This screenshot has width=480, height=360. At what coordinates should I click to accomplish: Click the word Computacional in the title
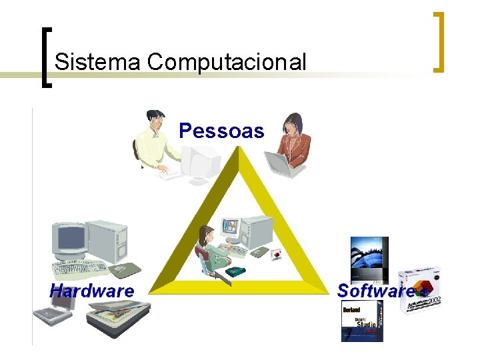tap(227, 63)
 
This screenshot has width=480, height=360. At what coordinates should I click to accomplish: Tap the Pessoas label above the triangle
tap(221, 131)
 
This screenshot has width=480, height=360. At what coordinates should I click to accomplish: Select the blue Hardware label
tap(92, 291)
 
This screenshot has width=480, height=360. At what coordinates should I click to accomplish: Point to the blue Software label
tap(375, 291)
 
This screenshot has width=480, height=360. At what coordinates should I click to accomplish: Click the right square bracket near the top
tap(438, 41)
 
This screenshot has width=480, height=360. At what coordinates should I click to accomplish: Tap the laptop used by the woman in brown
tap(279, 163)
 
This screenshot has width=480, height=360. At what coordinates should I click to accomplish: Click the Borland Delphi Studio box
tap(361, 321)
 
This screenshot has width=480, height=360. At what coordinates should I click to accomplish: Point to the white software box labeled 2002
tap(420, 290)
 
